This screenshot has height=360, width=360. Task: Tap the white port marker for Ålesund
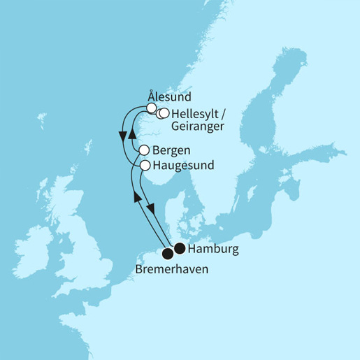[x=151, y=108]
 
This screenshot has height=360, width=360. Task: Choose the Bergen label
[x=170, y=150]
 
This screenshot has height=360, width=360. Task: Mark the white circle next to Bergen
[x=144, y=150]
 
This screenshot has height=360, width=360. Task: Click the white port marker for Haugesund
[x=145, y=166]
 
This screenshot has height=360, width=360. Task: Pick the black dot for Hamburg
[x=180, y=248]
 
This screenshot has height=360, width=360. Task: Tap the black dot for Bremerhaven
[x=168, y=253]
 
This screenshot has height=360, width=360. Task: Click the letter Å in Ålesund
[x=152, y=95]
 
